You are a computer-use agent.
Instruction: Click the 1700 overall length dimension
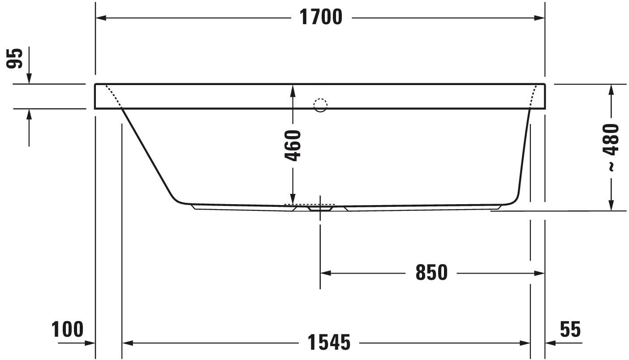tap(320, 17)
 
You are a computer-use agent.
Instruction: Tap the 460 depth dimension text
tap(293, 146)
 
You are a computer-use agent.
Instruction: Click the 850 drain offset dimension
tap(431, 272)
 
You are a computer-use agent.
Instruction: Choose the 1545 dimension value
tap(329, 343)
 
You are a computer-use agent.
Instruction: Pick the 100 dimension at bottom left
tap(68, 330)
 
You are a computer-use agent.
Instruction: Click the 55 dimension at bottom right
tap(570, 330)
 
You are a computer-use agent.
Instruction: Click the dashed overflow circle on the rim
tap(320, 105)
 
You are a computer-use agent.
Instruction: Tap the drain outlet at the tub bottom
tap(320, 208)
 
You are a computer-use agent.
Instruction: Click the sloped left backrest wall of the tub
tap(146, 152)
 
